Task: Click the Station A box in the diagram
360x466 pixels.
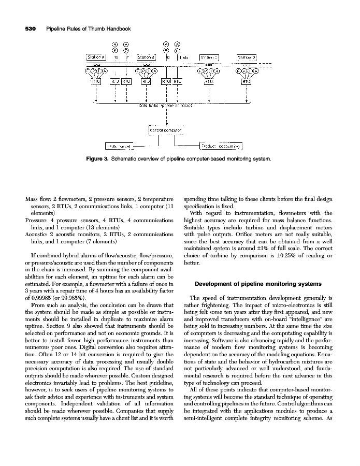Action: (97, 57)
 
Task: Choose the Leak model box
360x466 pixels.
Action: (119, 147)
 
